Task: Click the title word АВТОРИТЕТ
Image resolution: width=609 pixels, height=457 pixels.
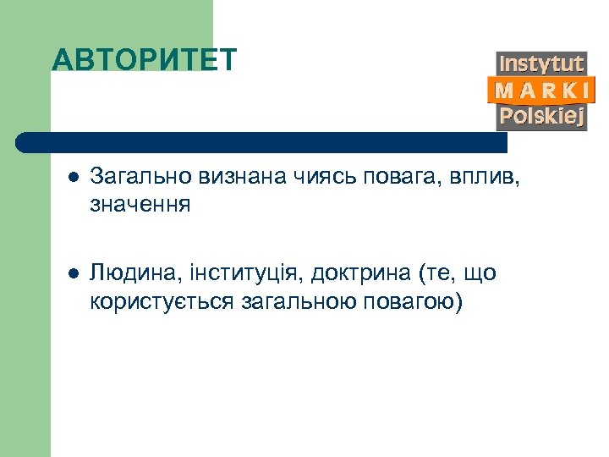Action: [145, 60]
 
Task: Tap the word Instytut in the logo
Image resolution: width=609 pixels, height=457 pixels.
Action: [541, 63]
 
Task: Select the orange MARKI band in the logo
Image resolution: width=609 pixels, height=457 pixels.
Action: [541, 90]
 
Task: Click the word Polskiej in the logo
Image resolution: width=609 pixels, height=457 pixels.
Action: [541, 116]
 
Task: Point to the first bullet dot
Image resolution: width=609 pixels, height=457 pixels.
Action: [74, 178]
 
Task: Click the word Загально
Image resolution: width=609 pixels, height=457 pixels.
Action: [140, 177]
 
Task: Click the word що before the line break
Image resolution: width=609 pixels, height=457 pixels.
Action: [479, 274]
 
